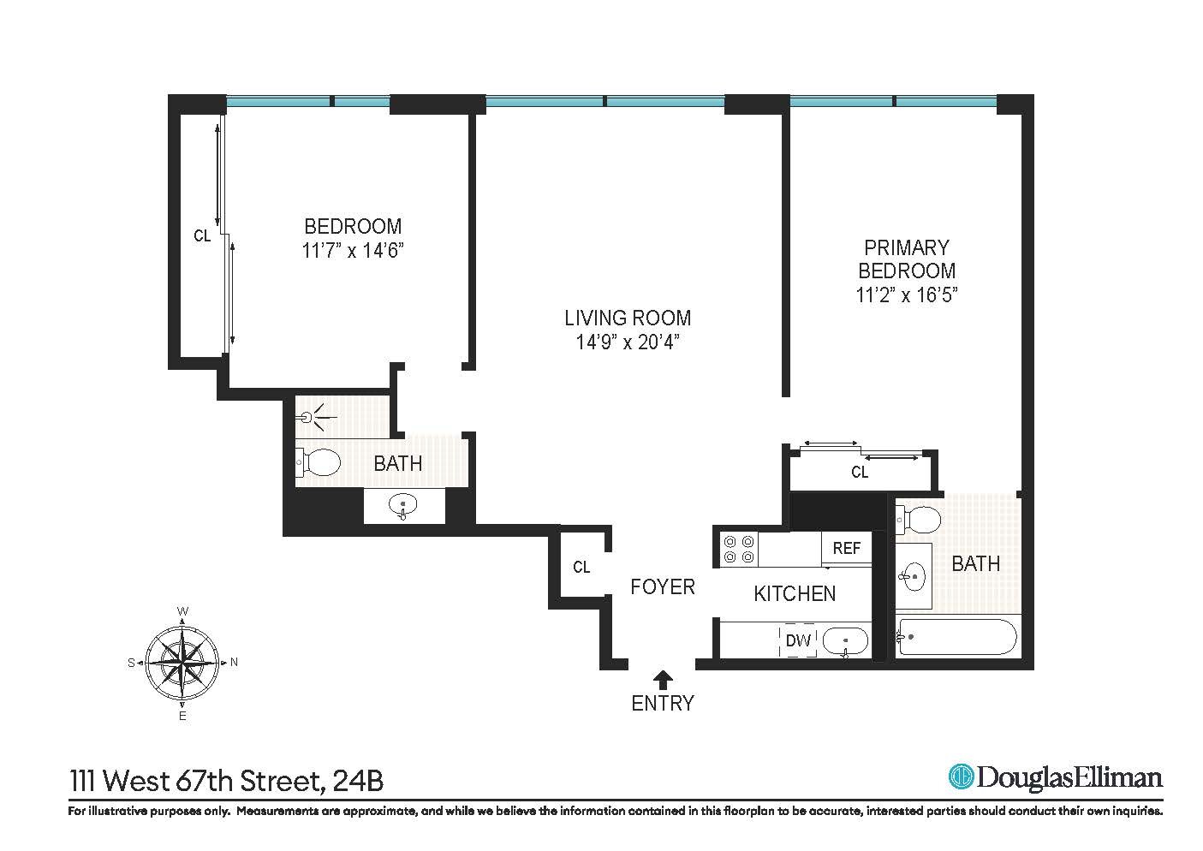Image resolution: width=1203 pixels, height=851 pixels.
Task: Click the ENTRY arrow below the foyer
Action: tap(662, 679)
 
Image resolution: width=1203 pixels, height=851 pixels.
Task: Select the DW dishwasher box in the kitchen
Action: tap(798, 640)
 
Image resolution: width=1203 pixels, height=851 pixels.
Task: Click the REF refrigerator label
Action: tap(846, 548)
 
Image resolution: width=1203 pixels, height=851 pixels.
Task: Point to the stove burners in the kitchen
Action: tap(739, 549)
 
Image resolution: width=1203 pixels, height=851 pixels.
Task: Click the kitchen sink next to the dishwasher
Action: tap(845, 640)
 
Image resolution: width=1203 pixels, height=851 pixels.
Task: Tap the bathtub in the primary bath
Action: tap(956, 638)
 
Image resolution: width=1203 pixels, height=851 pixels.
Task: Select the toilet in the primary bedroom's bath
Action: tap(919, 519)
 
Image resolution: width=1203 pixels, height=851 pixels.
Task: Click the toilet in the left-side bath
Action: tap(318, 463)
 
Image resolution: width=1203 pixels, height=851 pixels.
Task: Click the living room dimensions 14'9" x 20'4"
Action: tap(627, 342)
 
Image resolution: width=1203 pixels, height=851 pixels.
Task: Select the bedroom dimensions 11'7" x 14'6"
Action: tap(353, 251)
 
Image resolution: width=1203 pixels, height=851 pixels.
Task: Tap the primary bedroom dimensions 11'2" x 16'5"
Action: tap(906, 295)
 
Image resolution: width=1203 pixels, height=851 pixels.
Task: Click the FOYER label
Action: tap(662, 587)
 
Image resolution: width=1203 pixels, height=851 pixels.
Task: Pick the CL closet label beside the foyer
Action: tap(581, 567)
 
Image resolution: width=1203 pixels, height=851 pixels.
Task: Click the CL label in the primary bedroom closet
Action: tap(860, 473)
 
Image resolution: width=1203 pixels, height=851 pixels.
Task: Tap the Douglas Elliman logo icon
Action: tap(961, 777)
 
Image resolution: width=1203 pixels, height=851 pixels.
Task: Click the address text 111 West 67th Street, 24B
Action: tap(226, 781)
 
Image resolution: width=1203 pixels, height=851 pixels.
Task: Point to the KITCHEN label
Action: tap(795, 593)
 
